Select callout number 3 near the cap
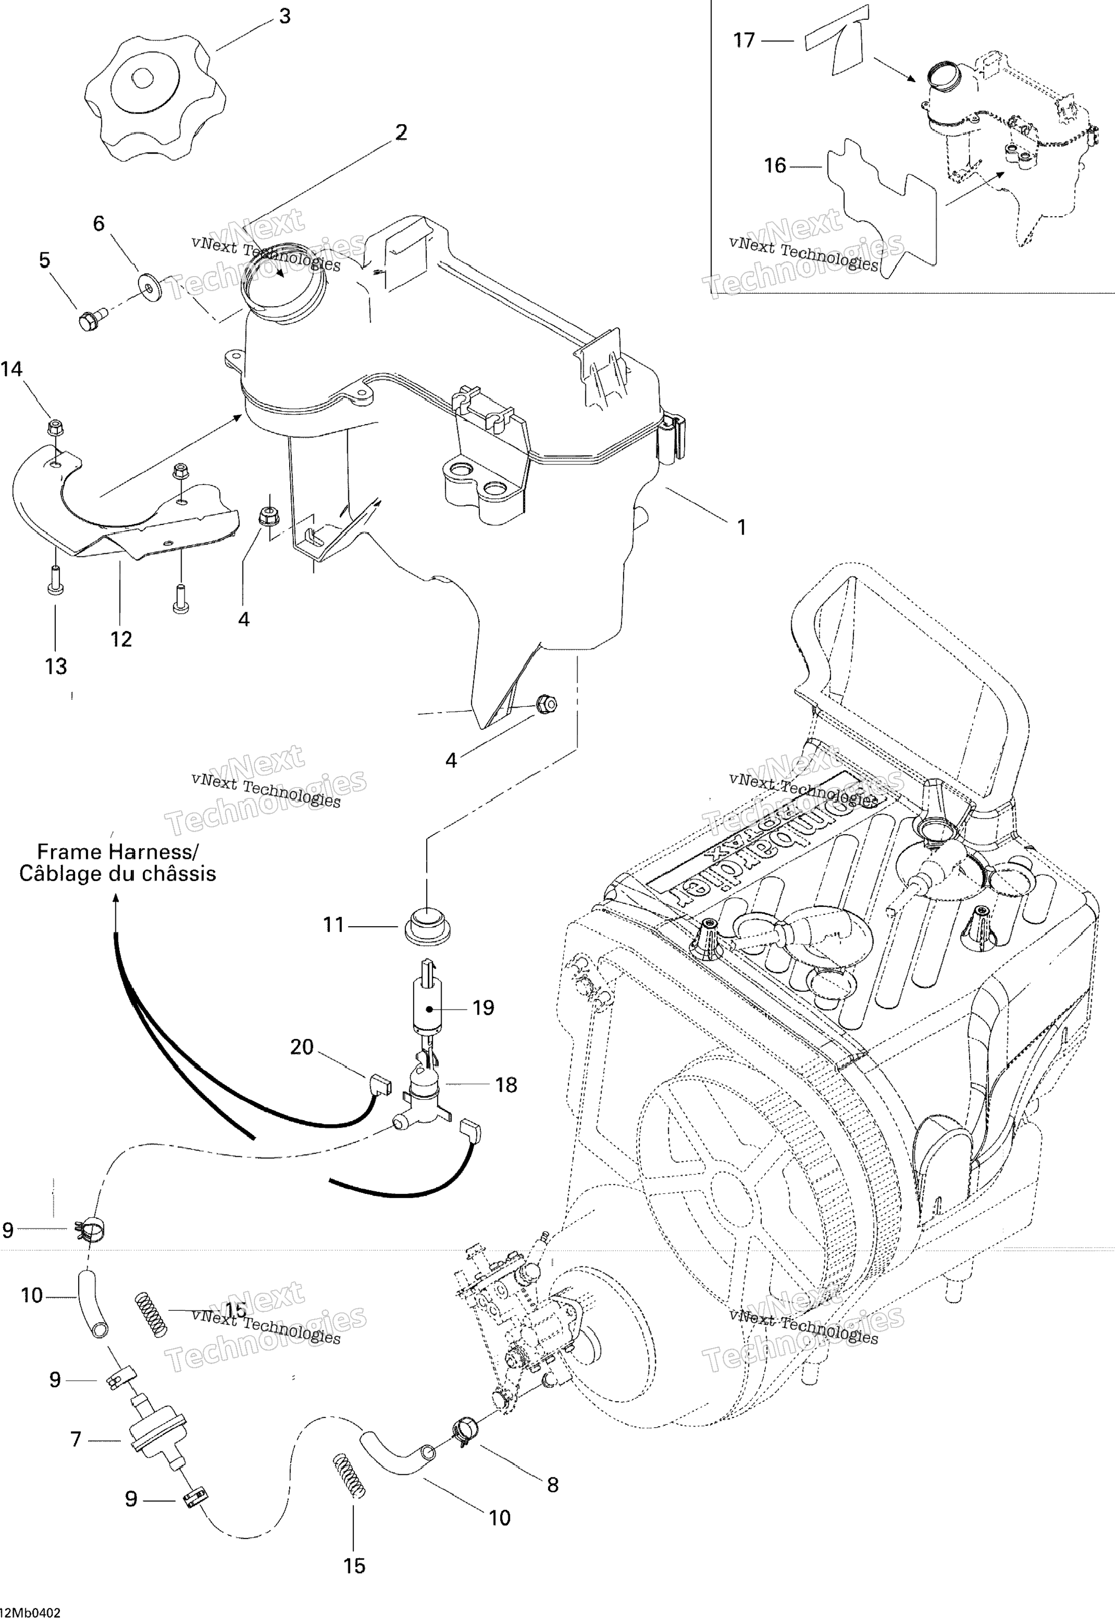(x=284, y=17)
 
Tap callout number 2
(x=401, y=132)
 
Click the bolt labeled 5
(x=89, y=321)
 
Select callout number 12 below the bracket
(x=121, y=639)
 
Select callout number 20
(x=302, y=1047)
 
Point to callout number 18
(x=506, y=1084)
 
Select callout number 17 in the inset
(x=744, y=40)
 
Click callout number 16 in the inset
(x=775, y=165)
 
